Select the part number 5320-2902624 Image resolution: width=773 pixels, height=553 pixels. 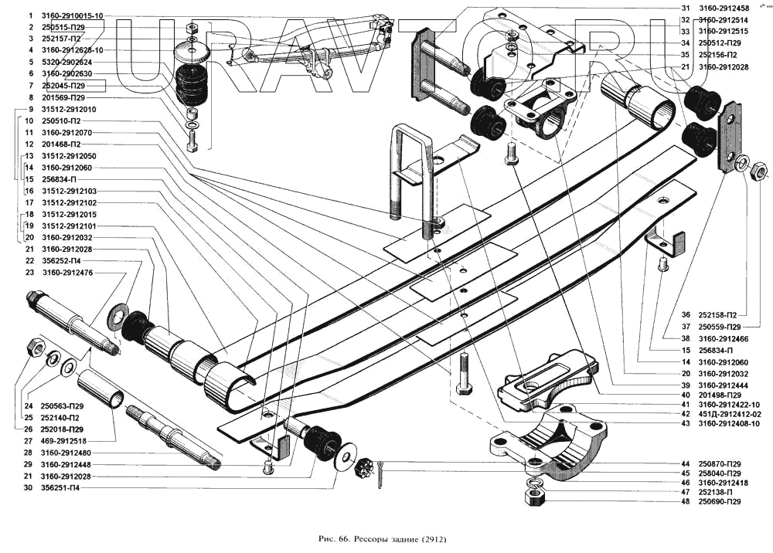point(67,62)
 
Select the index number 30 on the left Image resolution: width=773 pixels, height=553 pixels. point(29,488)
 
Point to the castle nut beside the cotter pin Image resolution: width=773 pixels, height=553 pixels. point(364,466)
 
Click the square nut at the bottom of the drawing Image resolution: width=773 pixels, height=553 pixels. point(533,495)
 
